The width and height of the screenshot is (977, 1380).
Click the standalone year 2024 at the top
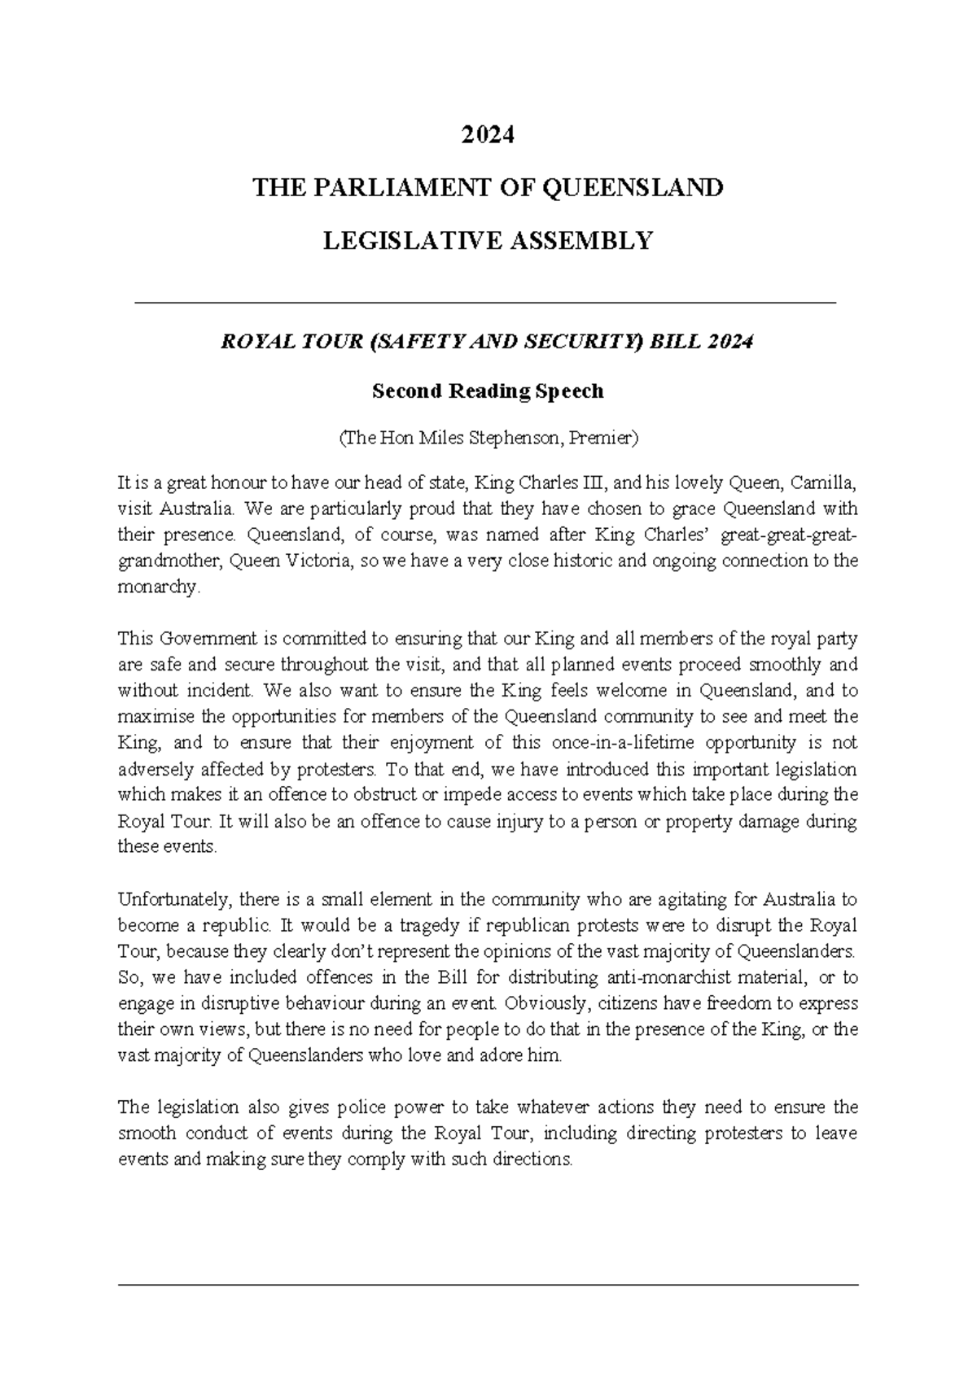click(x=488, y=135)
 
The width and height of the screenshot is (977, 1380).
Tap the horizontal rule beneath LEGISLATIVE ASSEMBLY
click(x=484, y=303)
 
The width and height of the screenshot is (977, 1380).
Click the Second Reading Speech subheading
click(x=488, y=391)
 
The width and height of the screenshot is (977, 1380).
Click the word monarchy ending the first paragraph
click(x=157, y=587)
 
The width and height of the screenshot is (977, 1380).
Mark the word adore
click(x=515, y=1055)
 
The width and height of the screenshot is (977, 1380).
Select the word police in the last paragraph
click(x=360, y=1107)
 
